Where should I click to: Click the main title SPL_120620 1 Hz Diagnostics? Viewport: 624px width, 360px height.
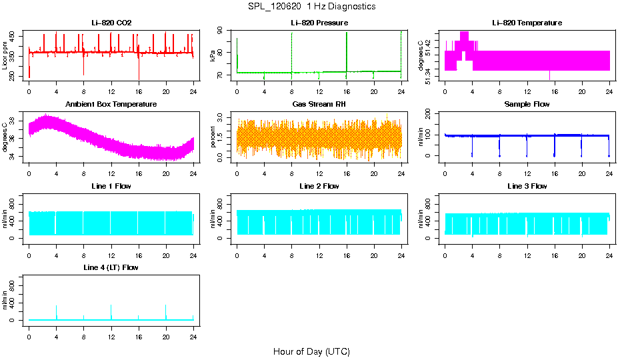point(311,7)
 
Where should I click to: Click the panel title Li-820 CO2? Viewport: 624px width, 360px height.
point(111,23)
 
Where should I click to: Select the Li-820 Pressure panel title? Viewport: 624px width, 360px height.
point(319,23)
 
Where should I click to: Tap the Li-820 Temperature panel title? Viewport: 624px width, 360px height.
point(527,23)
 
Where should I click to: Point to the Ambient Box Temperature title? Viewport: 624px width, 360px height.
point(111,105)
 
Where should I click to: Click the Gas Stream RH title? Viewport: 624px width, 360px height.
point(319,105)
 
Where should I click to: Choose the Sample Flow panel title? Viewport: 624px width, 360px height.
point(527,105)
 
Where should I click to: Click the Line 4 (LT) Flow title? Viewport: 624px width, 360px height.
point(111,267)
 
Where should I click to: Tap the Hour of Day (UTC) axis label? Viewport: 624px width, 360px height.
point(311,351)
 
